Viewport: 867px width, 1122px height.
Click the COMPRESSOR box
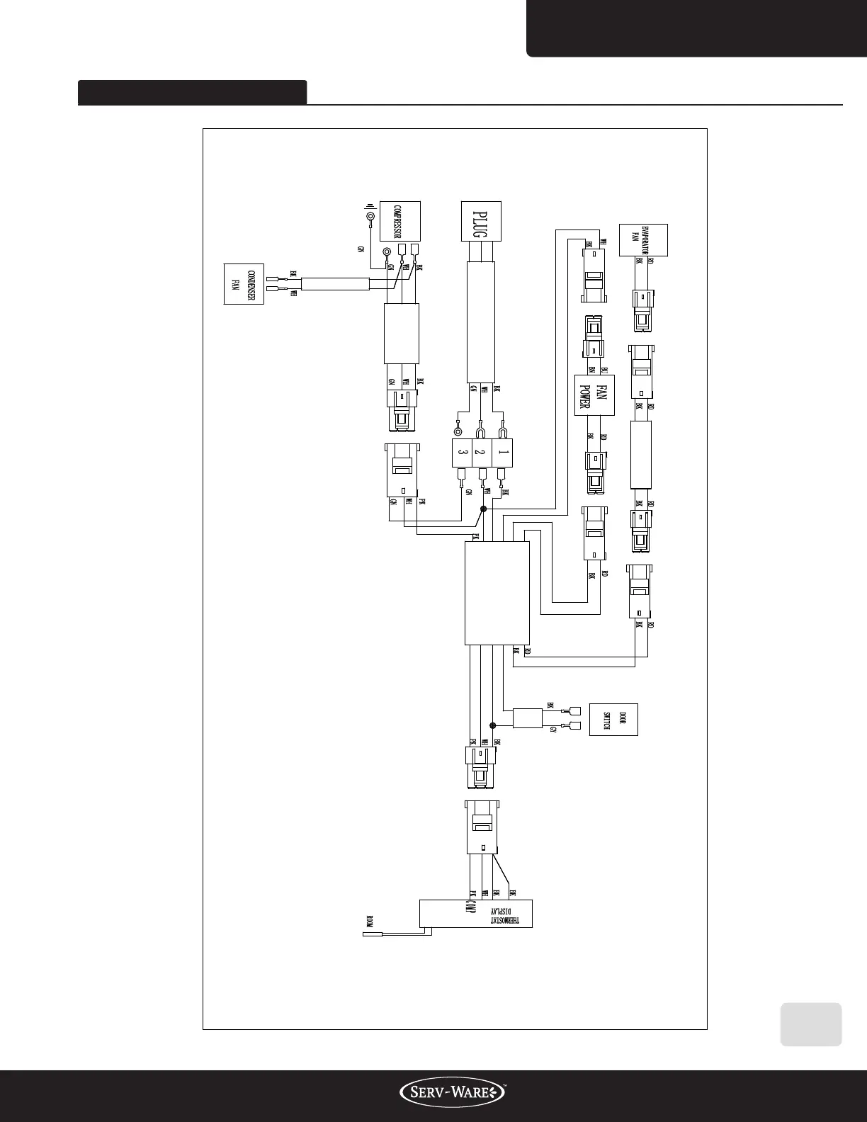click(399, 221)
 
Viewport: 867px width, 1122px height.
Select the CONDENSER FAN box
click(244, 283)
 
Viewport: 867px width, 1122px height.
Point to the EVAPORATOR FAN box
click(643, 240)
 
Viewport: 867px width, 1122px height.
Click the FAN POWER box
click(594, 395)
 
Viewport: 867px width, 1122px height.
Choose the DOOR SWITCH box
click(613, 720)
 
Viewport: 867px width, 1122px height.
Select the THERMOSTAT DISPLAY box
click(475, 914)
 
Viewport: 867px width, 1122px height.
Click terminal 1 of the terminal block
click(502, 452)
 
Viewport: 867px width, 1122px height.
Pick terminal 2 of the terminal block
click(481, 452)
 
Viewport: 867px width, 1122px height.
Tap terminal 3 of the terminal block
click(462, 452)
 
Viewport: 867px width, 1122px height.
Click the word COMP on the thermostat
click(470, 906)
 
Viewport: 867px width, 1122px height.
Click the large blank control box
click(497, 594)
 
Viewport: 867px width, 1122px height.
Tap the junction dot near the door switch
click(493, 725)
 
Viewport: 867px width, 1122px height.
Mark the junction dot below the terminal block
click(484, 509)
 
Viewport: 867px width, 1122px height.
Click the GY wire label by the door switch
click(553, 730)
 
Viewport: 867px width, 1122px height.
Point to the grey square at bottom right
click(811, 1024)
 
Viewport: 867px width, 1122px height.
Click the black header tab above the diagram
click(192, 92)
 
